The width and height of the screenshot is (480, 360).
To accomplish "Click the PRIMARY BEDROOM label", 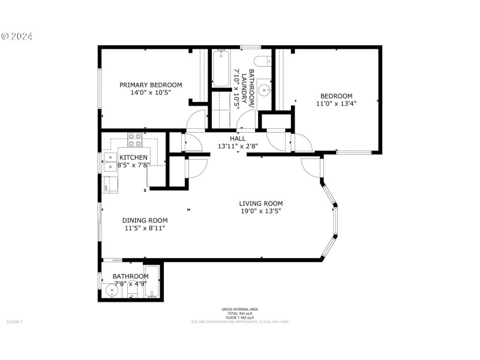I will pyautogui.click(x=150, y=85).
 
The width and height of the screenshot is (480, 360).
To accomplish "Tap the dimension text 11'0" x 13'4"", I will pyautogui.click(x=335, y=104).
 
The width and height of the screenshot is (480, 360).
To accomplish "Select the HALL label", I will pyautogui.click(x=229, y=139).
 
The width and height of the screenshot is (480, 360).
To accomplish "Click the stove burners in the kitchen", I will pyautogui.click(x=134, y=140).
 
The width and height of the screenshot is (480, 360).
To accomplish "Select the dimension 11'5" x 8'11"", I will pyautogui.click(x=145, y=228).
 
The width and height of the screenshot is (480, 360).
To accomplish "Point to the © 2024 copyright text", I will pyautogui.click(x=17, y=36).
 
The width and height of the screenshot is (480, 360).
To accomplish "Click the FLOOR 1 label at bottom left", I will pyautogui.click(x=14, y=322).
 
